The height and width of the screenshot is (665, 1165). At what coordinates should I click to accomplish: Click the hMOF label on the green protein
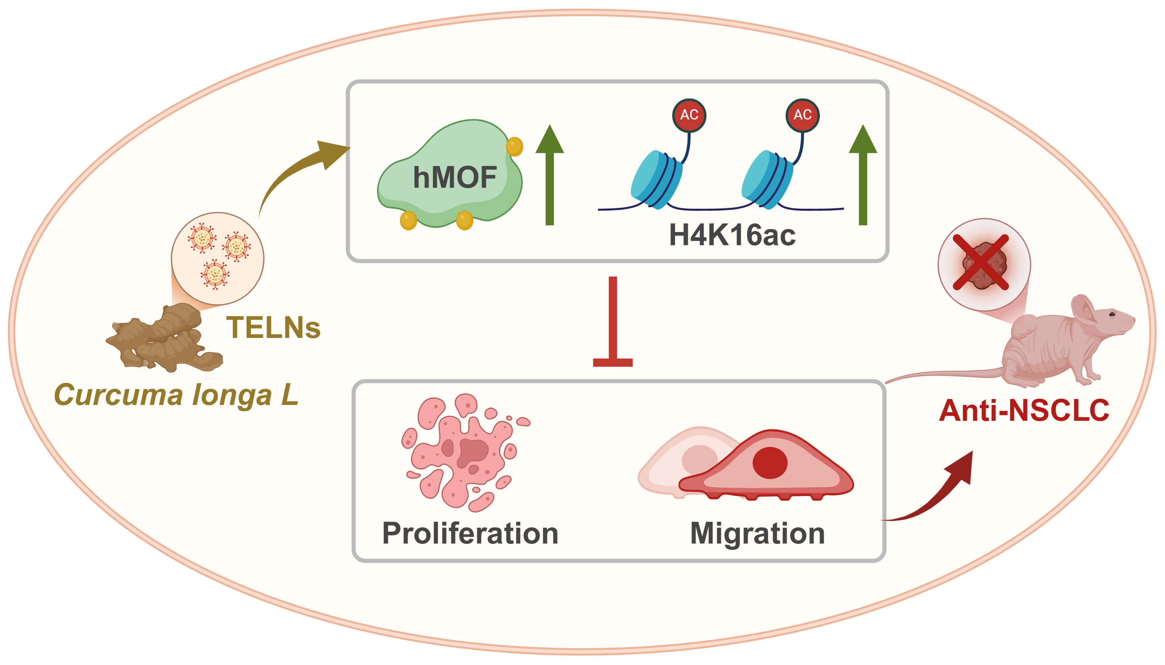454,177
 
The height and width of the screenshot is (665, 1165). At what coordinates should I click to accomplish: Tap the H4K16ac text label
732,236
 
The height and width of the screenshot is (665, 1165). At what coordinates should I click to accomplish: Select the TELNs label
273,328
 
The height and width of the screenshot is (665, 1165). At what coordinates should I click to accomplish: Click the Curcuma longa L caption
176,395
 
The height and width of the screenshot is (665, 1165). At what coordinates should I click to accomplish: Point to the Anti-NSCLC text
1024,411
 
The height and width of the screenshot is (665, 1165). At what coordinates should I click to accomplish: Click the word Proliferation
470,533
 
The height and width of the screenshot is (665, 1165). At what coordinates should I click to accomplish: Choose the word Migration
757,533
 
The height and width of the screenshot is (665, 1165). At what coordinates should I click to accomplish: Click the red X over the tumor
981,263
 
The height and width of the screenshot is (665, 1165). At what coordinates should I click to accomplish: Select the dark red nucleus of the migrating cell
770,462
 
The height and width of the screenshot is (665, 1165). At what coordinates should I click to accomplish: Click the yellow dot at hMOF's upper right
515,147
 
